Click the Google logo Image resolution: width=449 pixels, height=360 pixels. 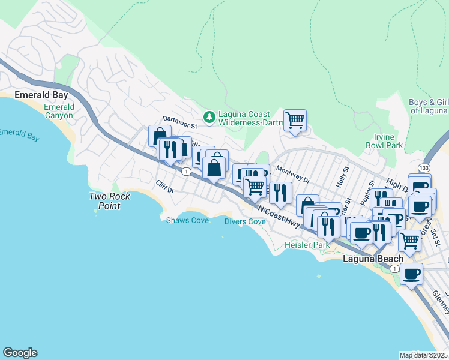point(20,353)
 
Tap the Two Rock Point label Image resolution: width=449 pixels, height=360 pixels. point(104,201)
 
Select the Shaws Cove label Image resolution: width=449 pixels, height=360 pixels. point(187,221)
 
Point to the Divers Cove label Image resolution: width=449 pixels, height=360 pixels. point(245,221)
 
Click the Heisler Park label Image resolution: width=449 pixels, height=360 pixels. point(307,245)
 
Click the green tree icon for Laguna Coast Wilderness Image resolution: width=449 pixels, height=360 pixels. point(209,117)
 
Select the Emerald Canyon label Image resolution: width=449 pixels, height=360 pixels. point(59,111)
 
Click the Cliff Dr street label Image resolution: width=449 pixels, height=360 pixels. point(164,187)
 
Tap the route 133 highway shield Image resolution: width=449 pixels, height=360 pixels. point(424,167)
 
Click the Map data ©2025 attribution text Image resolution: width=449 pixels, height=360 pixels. point(423,355)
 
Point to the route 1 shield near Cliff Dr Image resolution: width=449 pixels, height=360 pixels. point(187,172)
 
